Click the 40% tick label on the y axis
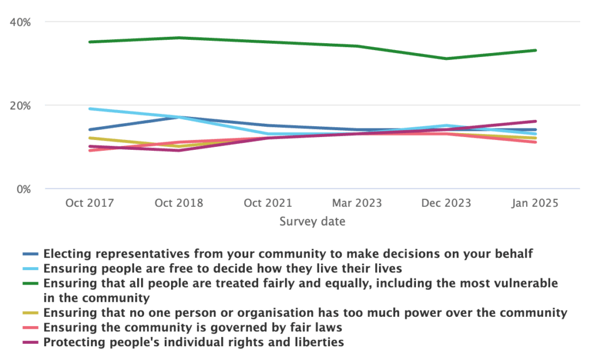21,22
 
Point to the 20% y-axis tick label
21,105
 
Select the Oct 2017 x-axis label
89,203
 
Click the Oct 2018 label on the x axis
179,203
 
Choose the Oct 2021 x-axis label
267,203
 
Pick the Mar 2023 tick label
357,203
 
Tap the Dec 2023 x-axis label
446,203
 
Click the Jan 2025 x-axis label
535,203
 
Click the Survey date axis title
312,221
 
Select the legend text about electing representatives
288,253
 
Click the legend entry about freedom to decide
222,268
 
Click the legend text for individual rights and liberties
194,343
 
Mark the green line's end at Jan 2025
535,51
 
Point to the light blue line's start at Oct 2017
89,108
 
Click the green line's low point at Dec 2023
446,59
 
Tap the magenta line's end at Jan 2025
535,121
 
